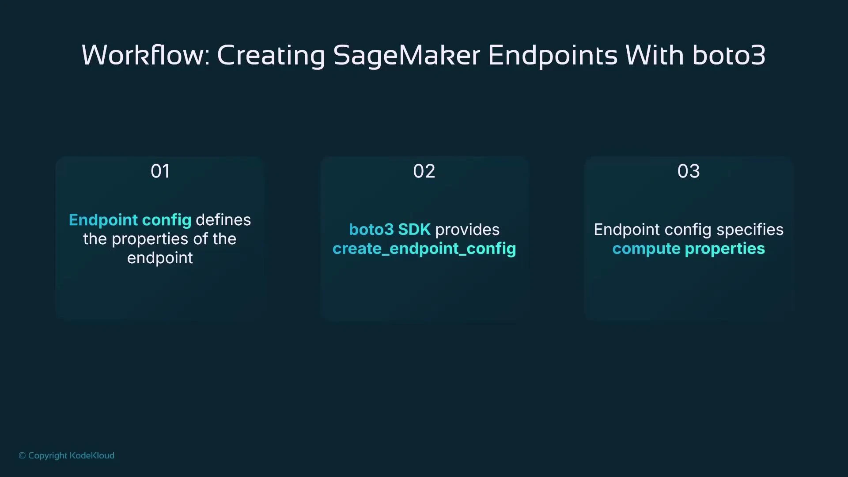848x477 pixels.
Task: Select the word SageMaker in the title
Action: pos(406,55)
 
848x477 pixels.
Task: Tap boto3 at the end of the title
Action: pos(728,55)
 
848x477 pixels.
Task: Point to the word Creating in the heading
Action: pos(271,55)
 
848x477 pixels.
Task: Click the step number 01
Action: pos(160,171)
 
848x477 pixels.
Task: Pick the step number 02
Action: pos(424,171)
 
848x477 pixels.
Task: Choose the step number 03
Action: pos(688,171)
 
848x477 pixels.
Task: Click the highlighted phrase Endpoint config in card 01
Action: pos(130,220)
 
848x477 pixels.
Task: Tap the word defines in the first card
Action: pos(223,220)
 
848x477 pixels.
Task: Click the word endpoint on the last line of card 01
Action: pos(160,258)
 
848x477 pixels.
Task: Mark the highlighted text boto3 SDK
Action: pos(389,230)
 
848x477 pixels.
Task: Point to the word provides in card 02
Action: pos(467,230)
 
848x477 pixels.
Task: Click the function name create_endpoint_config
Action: pos(424,249)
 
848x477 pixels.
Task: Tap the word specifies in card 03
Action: pos(750,230)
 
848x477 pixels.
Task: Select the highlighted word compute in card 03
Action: pos(646,249)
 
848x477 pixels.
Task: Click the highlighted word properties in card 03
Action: pos(725,249)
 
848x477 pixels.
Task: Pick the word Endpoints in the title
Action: pos(552,55)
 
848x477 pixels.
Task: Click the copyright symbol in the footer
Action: pos(22,455)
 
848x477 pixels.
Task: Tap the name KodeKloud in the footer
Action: pos(92,455)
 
